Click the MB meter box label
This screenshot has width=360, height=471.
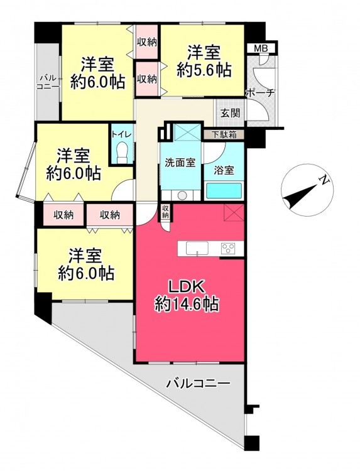coord(261,48)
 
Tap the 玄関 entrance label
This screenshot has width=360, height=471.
coord(230,113)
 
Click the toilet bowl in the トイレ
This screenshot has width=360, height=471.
coord(122,153)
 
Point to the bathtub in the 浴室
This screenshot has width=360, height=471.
coord(224,190)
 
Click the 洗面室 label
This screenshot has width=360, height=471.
coord(180,163)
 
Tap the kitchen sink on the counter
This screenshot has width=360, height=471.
coord(197,249)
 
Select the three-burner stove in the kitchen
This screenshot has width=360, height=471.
coord(228,249)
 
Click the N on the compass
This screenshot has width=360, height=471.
coord(324,180)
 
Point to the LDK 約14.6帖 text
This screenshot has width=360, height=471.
coord(187,296)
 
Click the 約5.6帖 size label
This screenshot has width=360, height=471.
coord(204,70)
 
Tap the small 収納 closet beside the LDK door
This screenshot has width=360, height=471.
coord(166,211)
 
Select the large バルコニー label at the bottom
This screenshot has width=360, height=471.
coord(199,384)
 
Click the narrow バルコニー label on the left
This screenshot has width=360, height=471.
coord(48,82)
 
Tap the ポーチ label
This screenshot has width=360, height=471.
coord(260,93)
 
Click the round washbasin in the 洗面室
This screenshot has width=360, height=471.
coord(182,195)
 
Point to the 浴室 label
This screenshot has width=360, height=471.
coord(224,170)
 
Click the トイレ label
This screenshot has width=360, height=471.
coord(121,134)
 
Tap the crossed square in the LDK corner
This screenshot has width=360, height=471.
coord(234,212)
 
